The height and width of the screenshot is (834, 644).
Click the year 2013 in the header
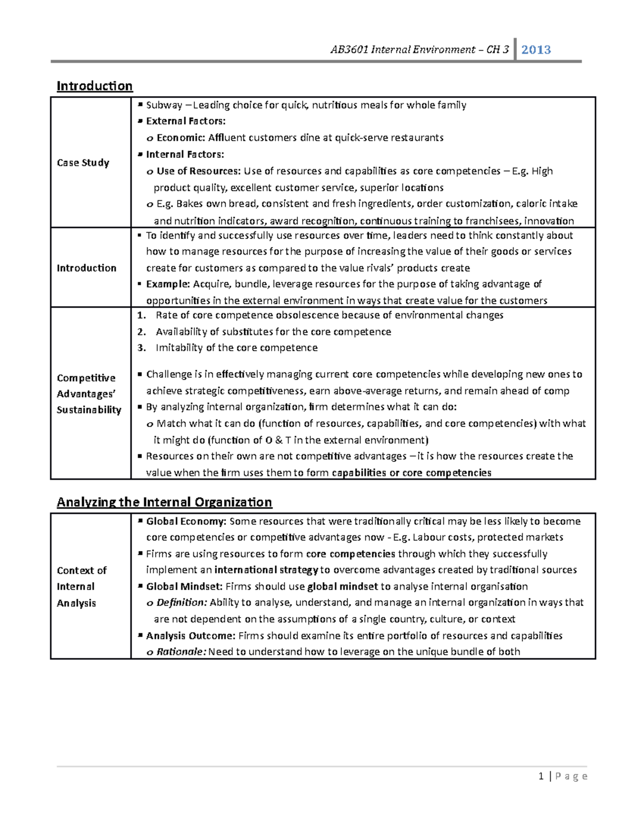(x=536, y=50)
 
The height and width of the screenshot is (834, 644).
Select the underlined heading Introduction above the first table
(x=94, y=86)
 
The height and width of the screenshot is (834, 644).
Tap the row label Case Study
(x=83, y=163)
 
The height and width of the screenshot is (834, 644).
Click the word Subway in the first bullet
(x=164, y=105)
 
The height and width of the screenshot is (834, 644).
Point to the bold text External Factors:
(x=186, y=121)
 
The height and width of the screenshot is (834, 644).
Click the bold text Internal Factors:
(x=185, y=155)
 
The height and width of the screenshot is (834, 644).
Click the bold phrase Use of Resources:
(x=199, y=171)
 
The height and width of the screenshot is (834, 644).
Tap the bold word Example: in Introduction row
(x=168, y=284)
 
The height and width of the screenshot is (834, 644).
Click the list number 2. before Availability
(x=142, y=332)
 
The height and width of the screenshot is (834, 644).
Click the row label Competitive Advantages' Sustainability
(x=89, y=394)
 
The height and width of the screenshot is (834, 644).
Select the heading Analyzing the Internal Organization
(x=164, y=502)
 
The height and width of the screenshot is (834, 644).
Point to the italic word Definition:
(x=181, y=603)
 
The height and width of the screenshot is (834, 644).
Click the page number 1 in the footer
(x=541, y=776)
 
